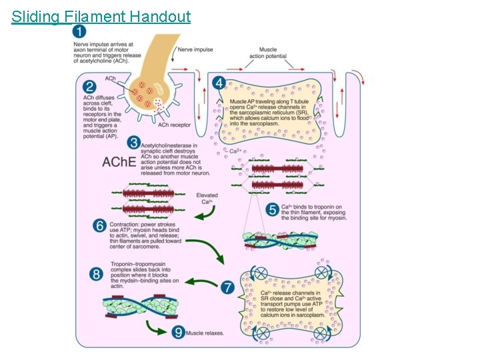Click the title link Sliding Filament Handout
point(101,16)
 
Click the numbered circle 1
point(79,32)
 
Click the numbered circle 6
point(100,227)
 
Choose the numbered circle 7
point(227,287)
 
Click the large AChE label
point(119,162)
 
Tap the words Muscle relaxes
point(205,333)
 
